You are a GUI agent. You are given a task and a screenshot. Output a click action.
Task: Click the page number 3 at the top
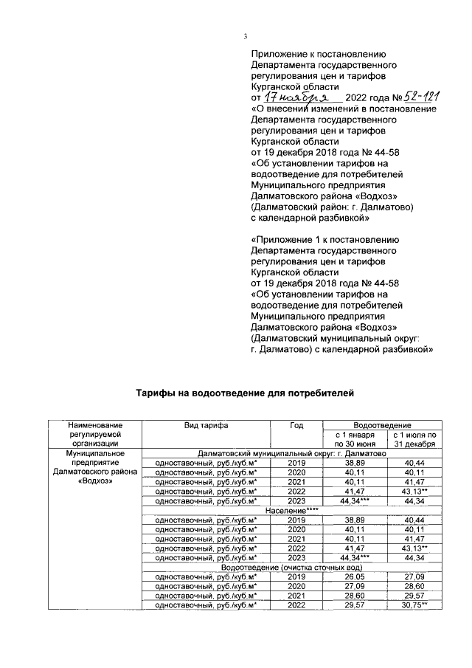[246, 37]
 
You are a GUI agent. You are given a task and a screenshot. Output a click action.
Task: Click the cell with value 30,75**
[414, 605]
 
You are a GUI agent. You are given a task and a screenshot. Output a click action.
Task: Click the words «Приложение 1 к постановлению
[325, 239]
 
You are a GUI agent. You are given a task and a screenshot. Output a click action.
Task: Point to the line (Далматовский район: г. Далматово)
[333, 208]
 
